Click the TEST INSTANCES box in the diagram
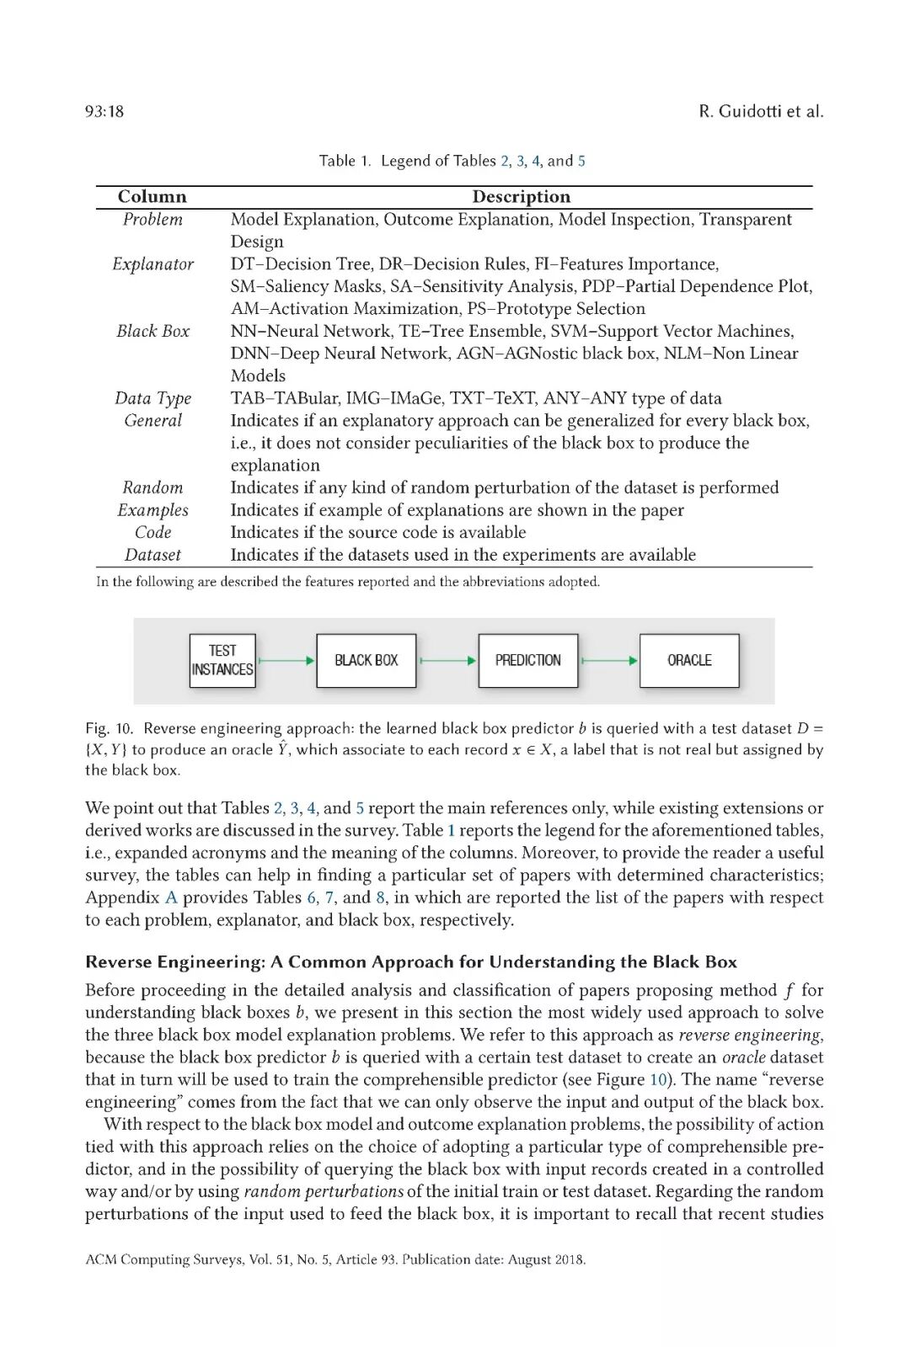[x=222, y=661]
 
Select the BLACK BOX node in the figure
[x=366, y=661]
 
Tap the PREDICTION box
[x=527, y=661]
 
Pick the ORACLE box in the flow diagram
[x=689, y=661]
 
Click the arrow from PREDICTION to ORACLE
[x=609, y=661]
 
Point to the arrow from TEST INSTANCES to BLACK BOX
[x=286, y=661]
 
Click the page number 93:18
[x=104, y=111]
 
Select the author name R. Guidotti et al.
[x=761, y=111]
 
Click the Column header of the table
[x=153, y=197]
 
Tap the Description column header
[x=521, y=197]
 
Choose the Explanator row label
[x=153, y=264]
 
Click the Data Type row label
[x=153, y=398]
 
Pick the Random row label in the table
[x=153, y=487]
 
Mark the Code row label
[x=153, y=532]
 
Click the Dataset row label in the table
[x=153, y=555]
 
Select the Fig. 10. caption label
[x=109, y=728]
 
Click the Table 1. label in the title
[x=345, y=161]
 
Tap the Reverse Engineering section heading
[x=411, y=962]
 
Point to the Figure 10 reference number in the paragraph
[x=657, y=1079]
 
